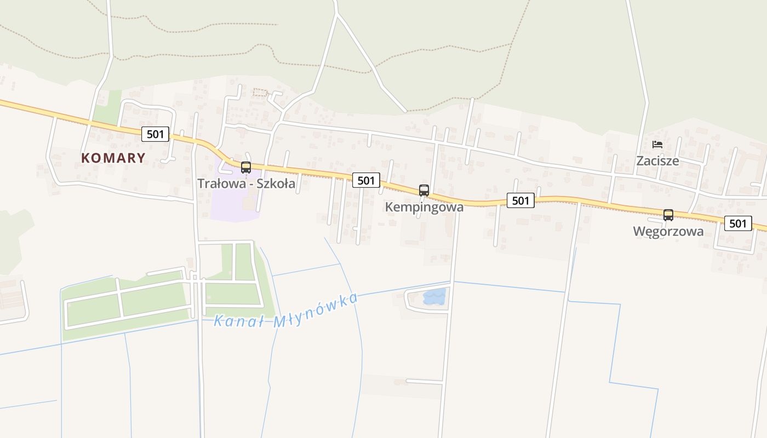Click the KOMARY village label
coord(113,158)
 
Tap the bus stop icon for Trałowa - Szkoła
coord(246,168)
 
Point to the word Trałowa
coord(219,183)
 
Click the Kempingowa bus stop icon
coord(424,190)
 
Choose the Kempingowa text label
coord(424,207)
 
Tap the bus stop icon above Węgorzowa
coord(668,215)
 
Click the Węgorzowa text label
coord(668,231)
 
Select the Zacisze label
coord(657,161)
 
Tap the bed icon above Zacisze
coord(657,145)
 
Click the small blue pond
coord(434,297)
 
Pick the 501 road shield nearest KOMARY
coord(156,134)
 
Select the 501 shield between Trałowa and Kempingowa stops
coord(366,180)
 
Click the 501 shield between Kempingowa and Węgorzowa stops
coord(520,201)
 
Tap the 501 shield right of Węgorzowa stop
coord(738,223)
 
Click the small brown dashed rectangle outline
coord(261,93)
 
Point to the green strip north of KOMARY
coord(107,107)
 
